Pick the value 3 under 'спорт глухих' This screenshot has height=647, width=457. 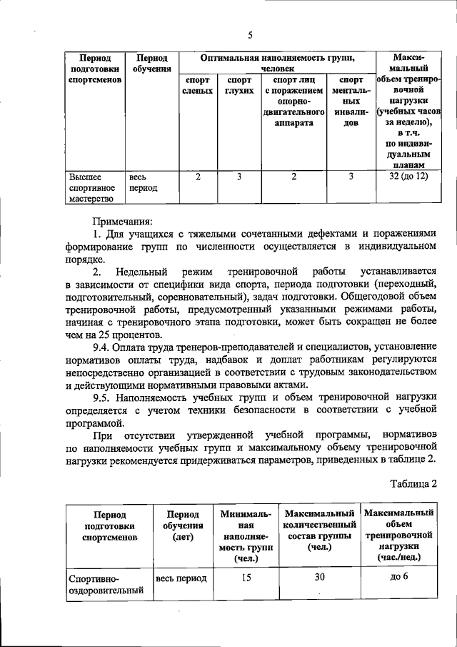click(x=240, y=176)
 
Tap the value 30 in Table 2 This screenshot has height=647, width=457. click(x=320, y=578)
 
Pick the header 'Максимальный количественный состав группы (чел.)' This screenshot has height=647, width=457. click(x=320, y=531)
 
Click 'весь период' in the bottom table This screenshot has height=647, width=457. click(x=181, y=578)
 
